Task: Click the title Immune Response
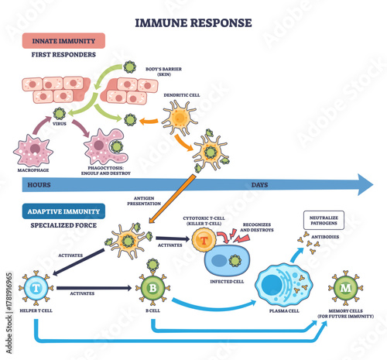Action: pos(193,22)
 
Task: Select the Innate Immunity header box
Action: pos(58,40)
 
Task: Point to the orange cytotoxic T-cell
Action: pos(204,240)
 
